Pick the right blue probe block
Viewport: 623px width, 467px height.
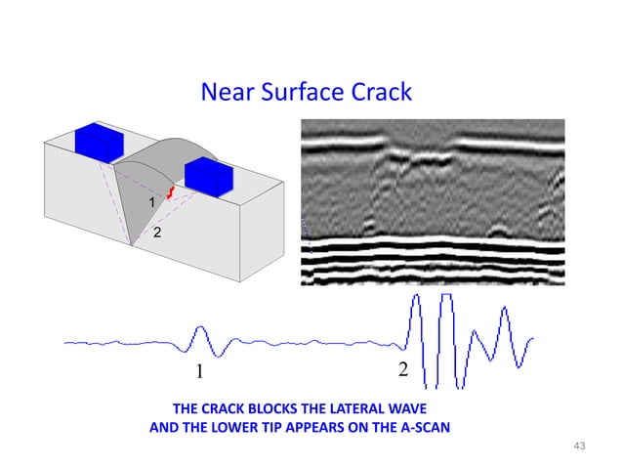point(207,178)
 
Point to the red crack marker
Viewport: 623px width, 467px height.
point(169,192)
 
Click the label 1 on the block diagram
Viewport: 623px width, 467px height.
point(151,201)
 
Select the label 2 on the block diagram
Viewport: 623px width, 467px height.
point(157,233)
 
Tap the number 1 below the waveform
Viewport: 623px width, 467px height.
point(199,372)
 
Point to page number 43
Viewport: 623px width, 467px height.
point(577,446)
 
